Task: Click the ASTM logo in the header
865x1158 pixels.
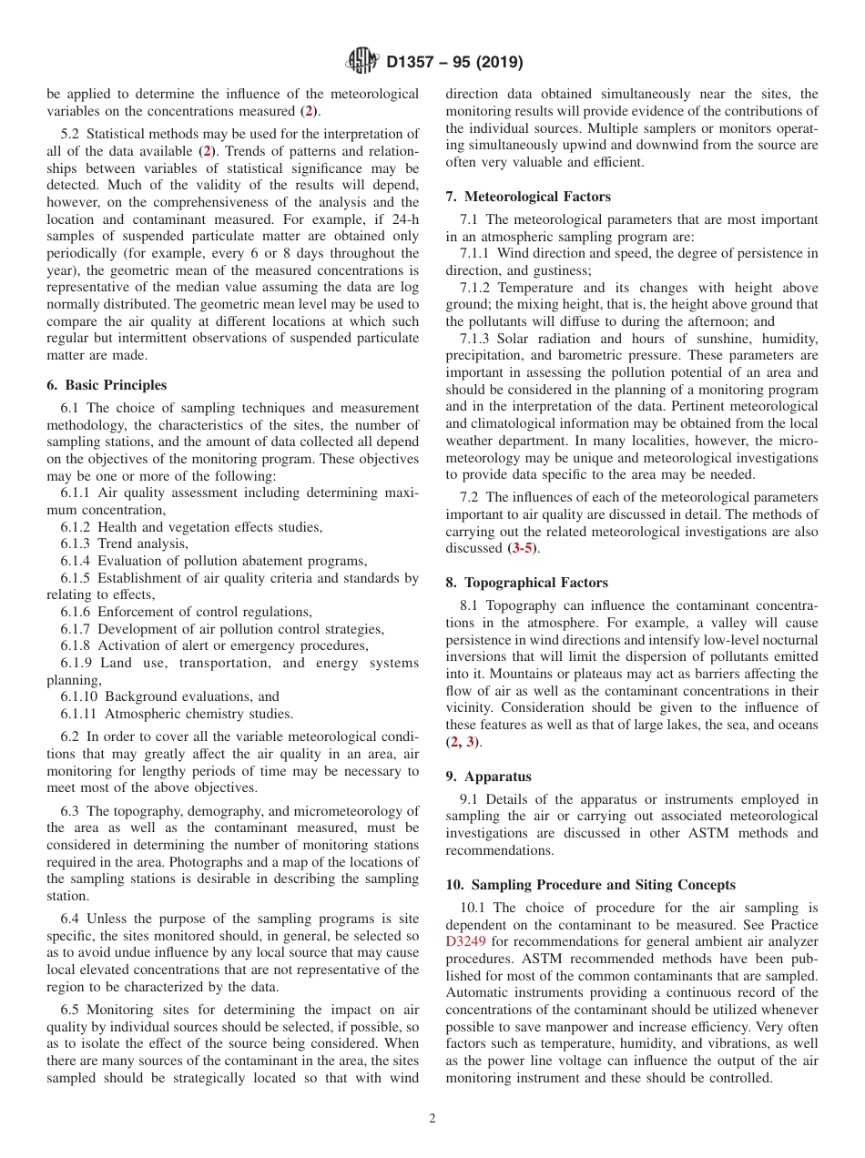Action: pos(363,62)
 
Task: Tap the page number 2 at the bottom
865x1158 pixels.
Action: pos(432,1119)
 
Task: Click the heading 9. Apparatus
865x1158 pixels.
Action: pos(488,777)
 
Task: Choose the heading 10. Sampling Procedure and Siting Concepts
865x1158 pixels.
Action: pos(590,885)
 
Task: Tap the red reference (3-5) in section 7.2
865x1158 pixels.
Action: pos(523,548)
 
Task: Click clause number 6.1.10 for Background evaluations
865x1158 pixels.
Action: pos(79,696)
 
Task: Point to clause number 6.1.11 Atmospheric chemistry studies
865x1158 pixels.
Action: pos(79,714)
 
